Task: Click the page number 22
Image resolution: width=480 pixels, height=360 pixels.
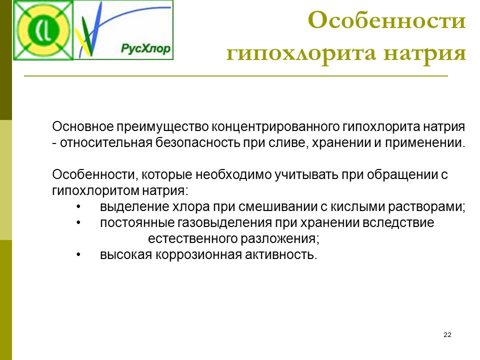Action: coord(447,334)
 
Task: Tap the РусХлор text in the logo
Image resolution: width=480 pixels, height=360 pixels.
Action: coord(145,48)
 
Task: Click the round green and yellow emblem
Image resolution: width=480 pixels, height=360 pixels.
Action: coord(43,30)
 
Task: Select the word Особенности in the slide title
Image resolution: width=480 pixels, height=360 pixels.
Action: coord(386,20)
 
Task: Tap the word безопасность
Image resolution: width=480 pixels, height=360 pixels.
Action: coord(197,142)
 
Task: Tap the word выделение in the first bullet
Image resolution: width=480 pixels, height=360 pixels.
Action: coord(134,207)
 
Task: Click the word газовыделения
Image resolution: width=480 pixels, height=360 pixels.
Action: coord(224,223)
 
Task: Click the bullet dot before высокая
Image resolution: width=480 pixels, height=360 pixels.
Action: coord(78,254)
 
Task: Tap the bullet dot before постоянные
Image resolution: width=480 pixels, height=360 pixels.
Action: coord(78,222)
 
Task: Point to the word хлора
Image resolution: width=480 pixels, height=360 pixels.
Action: coord(191,207)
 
